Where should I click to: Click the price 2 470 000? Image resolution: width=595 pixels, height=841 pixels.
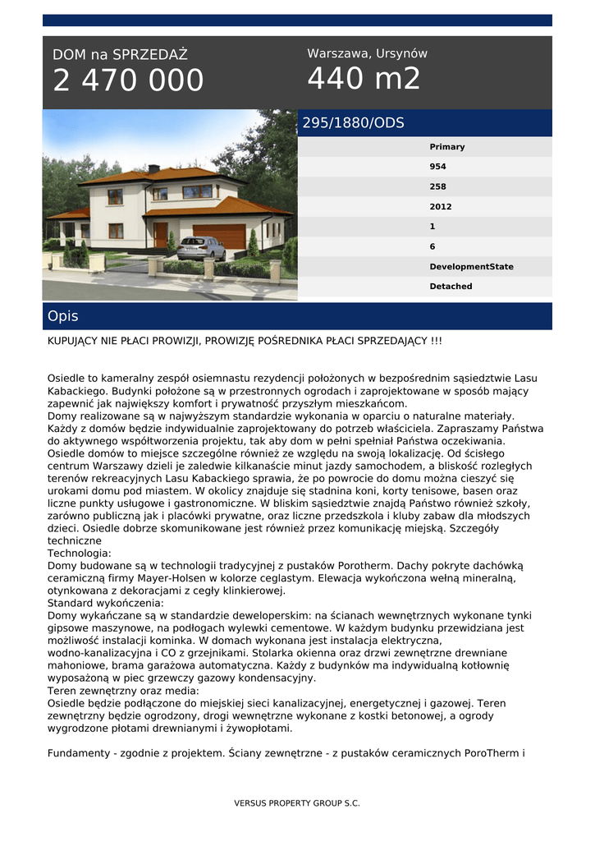tap(128, 80)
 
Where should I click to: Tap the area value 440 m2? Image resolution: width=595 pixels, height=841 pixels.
tap(364, 79)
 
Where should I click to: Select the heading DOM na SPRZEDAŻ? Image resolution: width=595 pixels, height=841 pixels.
tap(120, 55)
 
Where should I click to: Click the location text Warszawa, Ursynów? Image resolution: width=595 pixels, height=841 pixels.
tap(367, 53)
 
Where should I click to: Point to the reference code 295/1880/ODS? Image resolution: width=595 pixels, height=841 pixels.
tap(354, 123)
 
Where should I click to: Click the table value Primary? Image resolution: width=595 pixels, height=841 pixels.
tap(447, 147)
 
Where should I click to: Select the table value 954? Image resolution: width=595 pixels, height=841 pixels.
tap(438, 167)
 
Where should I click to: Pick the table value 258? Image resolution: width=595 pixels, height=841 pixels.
tap(438, 186)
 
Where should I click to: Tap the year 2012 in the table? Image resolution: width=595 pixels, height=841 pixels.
tap(441, 207)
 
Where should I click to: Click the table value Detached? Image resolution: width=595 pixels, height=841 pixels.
tap(451, 287)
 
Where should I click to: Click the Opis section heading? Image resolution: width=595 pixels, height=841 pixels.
tap(63, 316)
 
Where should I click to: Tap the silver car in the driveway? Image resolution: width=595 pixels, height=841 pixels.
tap(201, 247)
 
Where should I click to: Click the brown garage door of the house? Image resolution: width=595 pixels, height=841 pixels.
tap(218, 236)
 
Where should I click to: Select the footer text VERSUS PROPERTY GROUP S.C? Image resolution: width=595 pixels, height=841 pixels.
tap(297, 803)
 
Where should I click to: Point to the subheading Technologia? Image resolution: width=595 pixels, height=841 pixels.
tap(80, 554)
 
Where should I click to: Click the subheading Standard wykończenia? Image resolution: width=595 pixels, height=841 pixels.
tap(106, 603)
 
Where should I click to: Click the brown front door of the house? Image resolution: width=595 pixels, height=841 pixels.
tap(160, 235)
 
